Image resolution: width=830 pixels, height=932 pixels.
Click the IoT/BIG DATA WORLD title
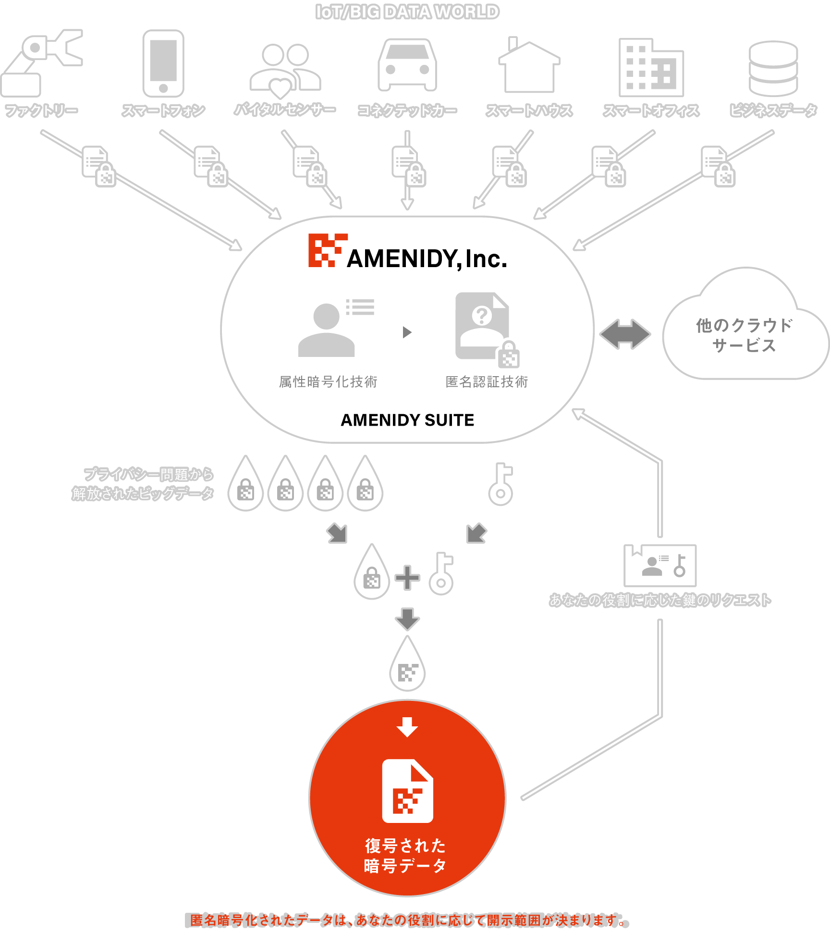(407, 12)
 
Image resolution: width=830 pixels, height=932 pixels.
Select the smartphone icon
(163, 63)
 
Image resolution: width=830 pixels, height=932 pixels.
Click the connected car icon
(407, 65)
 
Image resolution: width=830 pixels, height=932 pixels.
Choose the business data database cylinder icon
(773, 68)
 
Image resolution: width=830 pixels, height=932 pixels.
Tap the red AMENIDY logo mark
(328, 250)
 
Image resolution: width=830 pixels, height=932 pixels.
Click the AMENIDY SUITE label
(407, 420)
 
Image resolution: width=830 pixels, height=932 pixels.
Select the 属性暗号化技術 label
(328, 382)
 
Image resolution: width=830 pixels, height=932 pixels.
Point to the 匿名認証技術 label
(487, 382)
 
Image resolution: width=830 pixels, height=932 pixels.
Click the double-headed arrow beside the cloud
(625, 334)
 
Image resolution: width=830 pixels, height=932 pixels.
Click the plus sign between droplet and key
(407, 577)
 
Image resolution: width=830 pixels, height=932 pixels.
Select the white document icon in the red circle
(407, 791)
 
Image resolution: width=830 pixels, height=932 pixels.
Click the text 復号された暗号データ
(405, 856)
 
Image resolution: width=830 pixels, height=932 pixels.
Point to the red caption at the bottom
(407, 920)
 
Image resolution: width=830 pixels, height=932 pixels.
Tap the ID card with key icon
(660, 565)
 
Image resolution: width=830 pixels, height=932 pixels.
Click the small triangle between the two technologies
(407, 332)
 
